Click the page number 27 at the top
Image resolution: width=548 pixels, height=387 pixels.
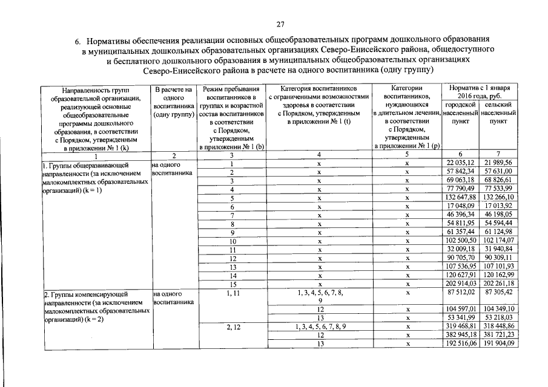[280, 24]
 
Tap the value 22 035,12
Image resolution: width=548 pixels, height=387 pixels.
[461, 163]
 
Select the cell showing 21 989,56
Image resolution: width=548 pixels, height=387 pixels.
[498, 163]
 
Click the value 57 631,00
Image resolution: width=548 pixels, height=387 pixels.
[498, 172]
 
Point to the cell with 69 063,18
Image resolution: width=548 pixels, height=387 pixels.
[461, 181]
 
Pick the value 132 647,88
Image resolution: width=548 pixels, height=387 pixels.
[461, 198]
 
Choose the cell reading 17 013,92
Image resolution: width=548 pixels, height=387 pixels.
[498, 206]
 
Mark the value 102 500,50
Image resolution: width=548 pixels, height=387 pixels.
[461, 241]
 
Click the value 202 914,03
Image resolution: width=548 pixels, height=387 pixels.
[461, 284]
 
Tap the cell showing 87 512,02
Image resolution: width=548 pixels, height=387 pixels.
[461, 292]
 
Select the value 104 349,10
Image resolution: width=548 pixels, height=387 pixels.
[498, 309]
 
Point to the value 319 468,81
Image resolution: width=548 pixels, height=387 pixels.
[461, 327]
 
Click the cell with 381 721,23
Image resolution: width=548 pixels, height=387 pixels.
[498, 335]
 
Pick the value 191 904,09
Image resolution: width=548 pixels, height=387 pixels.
[498, 343]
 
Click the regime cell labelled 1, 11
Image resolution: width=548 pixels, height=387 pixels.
[232, 293]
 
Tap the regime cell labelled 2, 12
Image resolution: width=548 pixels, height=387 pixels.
[232, 327]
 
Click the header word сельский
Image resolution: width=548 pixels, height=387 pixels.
[498, 105]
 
